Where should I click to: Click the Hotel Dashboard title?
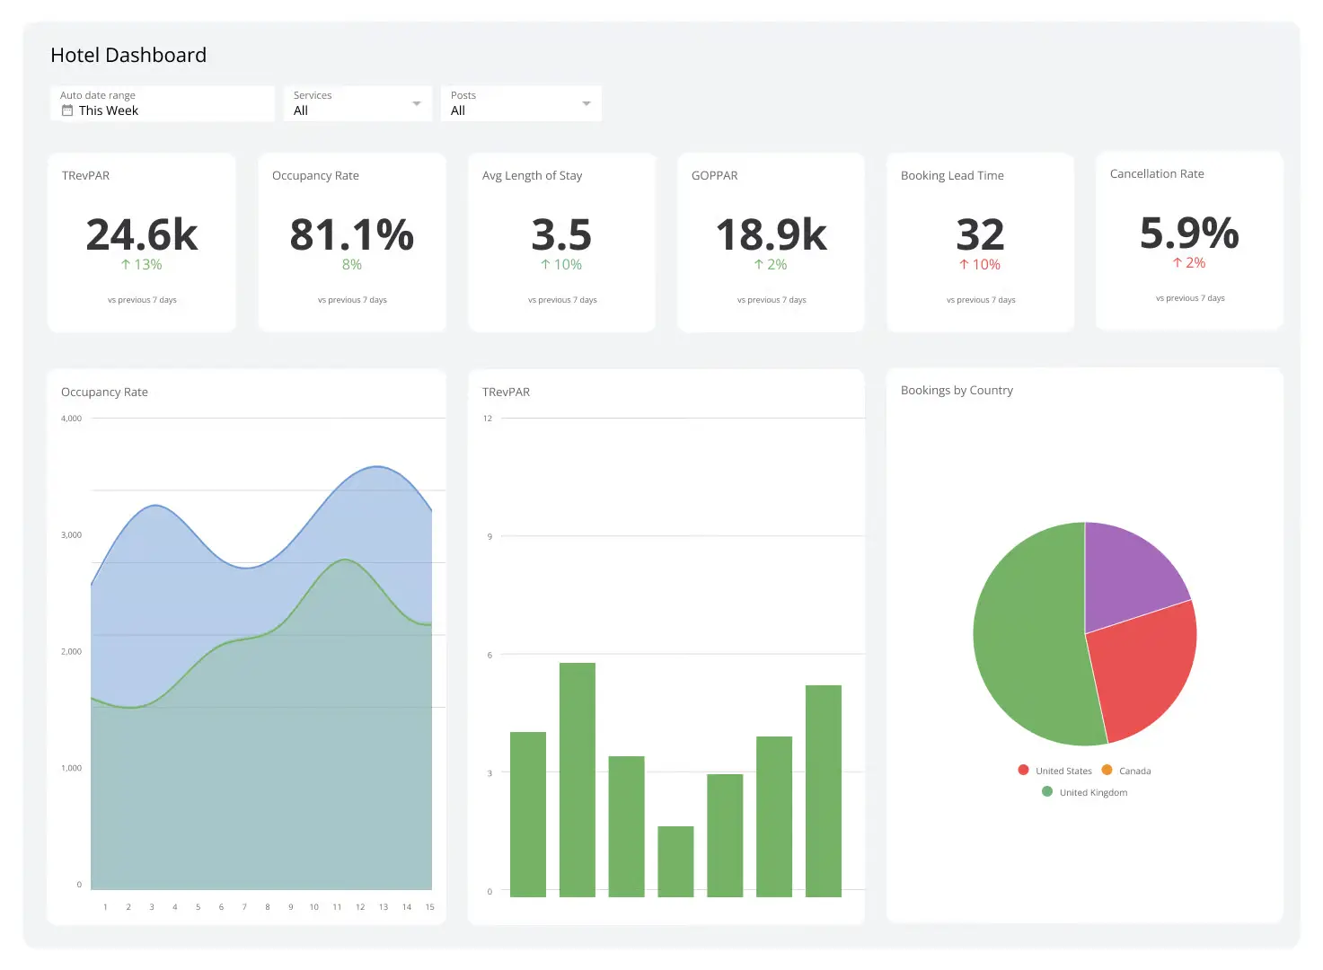pyautogui.click(x=128, y=56)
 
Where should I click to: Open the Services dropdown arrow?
pyautogui.click(x=416, y=103)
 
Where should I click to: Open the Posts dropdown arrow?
pyautogui.click(x=587, y=103)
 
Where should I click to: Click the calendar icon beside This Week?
pyautogui.click(x=67, y=110)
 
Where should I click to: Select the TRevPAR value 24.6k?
pyautogui.click(x=142, y=234)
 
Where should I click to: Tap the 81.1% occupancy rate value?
pyautogui.click(x=351, y=234)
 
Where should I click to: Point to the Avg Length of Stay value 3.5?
pyautogui.click(x=561, y=234)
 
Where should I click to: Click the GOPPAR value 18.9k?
pyautogui.click(x=771, y=234)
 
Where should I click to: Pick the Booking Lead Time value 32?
pyautogui.click(x=980, y=234)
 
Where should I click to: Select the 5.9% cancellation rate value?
pyautogui.click(x=1189, y=233)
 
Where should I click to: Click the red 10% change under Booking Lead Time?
pyautogui.click(x=980, y=265)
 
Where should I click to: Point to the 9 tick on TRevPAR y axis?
pyautogui.click(x=490, y=536)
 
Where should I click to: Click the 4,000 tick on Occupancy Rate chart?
pyautogui.click(x=71, y=419)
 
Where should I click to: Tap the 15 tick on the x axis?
pyautogui.click(x=429, y=907)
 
